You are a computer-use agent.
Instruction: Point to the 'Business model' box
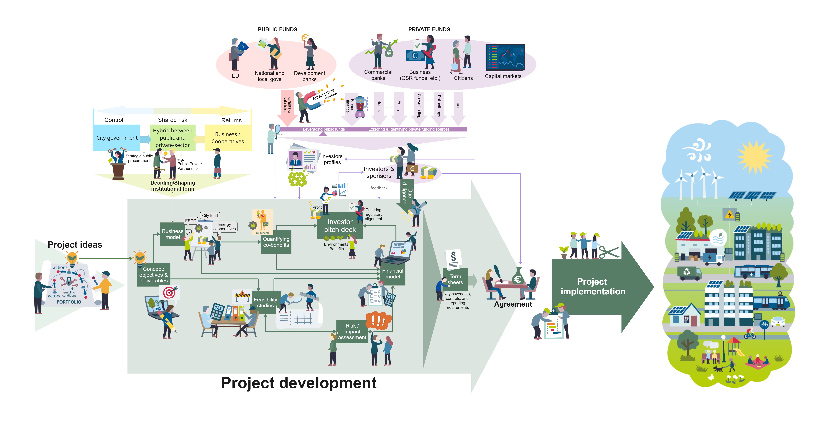(173, 234)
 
